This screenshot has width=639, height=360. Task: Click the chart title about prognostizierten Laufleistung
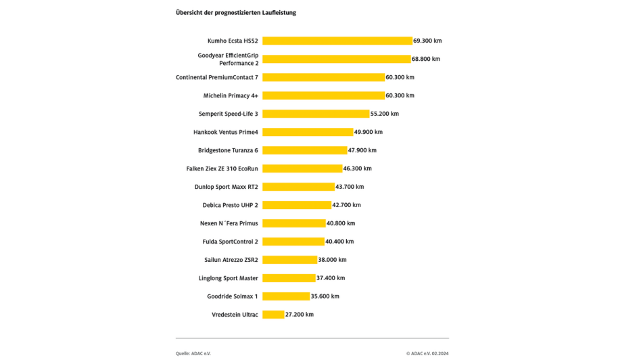235,13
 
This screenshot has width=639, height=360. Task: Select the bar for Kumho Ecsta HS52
337,41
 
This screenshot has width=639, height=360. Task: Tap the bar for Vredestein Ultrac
273,315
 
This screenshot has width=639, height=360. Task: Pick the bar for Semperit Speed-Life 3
316,114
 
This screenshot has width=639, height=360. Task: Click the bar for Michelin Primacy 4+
323,95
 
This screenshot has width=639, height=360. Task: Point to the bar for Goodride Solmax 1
286,296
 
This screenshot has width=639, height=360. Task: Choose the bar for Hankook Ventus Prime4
308,132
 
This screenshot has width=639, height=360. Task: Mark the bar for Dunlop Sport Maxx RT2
298,187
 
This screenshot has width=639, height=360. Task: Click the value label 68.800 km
426,59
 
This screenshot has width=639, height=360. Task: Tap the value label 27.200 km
300,315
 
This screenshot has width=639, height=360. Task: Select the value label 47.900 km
362,150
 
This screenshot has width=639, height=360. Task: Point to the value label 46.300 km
358,168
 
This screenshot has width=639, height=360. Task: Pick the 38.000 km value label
333,260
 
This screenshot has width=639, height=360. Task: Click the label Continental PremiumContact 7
217,77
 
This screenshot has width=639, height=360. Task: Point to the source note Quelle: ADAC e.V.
193,353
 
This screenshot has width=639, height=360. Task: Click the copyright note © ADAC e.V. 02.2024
427,353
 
